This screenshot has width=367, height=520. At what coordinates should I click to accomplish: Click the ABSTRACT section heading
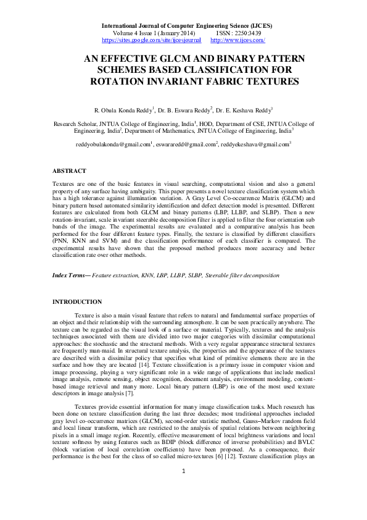(69, 170)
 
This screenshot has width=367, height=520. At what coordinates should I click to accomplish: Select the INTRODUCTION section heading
(77, 301)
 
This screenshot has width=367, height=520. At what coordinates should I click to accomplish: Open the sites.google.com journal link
(151, 40)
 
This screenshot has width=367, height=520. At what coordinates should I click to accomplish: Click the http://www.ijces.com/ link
(237, 40)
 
